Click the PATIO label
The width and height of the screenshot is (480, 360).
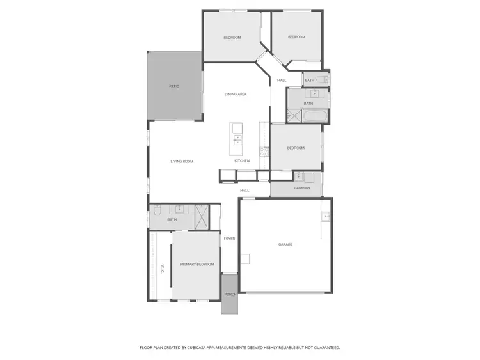174,86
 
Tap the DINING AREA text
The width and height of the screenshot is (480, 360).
236,94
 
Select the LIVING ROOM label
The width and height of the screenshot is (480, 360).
182,161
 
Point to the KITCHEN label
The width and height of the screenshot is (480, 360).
242,160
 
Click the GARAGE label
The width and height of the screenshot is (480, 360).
285,244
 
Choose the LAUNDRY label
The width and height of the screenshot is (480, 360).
302,188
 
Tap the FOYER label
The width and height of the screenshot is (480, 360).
229,239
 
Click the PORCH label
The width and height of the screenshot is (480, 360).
230,294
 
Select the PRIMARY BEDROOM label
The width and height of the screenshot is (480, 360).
196,264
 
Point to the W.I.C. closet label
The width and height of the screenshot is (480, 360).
163,269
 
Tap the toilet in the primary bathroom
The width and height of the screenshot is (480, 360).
157,212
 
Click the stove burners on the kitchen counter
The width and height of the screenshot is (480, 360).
262,152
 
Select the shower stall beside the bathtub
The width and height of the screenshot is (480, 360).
293,116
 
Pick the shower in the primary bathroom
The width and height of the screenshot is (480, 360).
201,217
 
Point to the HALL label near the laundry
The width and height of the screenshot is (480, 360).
244,191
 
